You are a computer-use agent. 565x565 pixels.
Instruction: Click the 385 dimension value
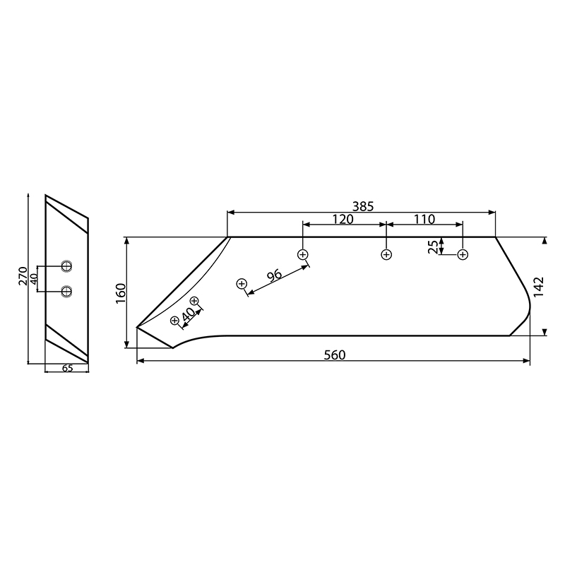[x=362, y=206]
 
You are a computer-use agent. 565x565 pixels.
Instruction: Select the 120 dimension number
[x=343, y=219]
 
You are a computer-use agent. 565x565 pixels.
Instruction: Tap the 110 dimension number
[x=424, y=219]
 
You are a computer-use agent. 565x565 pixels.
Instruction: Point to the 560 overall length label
[x=335, y=355]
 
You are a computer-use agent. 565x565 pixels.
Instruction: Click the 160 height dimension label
[x=121, y=292]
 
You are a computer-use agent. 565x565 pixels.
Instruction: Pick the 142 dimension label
[x=538, y=287]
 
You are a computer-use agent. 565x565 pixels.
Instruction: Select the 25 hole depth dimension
[x=433, y=246]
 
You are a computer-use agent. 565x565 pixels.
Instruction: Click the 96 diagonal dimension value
[x=274, y=275]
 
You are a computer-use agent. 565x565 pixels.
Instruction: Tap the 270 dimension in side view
[x=23, y=275]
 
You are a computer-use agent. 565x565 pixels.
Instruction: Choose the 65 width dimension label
[x=66, y=368]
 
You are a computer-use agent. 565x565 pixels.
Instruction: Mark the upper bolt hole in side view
[x=66, y=266]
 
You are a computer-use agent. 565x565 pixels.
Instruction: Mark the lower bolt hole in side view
[x=66, y=290]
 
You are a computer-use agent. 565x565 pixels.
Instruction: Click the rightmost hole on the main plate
[x=463, y=254]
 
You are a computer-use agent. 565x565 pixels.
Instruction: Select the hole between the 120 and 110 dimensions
[x=386, y=254]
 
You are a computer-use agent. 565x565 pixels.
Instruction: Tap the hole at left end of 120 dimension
[x=303, y=254]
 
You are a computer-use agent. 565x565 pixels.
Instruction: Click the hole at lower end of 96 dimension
[x=242, y=284]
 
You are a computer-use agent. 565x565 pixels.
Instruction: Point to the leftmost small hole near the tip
[x=175, y=321]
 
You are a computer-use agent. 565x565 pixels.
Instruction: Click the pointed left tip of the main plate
[x=137, y=327]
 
